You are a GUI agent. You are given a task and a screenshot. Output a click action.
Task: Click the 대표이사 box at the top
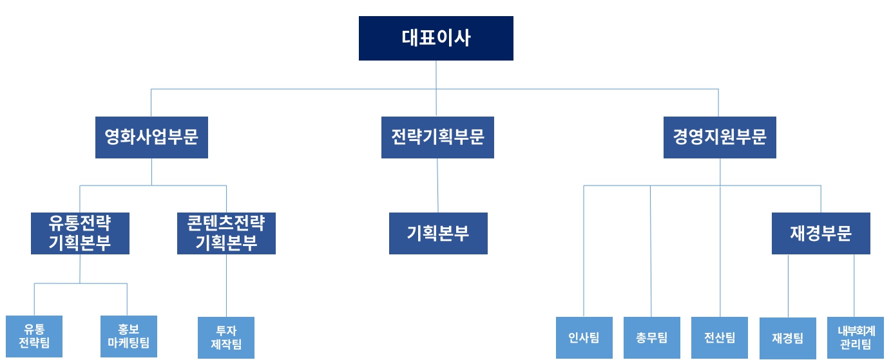436,38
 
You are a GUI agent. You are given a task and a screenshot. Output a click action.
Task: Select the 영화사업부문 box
151,137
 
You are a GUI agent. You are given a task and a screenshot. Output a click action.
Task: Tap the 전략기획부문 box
437,137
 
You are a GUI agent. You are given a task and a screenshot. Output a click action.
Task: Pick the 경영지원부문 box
720,137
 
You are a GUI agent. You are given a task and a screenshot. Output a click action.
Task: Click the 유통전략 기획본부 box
80,233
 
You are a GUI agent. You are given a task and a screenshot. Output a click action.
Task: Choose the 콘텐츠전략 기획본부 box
226,233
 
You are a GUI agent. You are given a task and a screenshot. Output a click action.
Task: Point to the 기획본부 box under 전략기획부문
438,233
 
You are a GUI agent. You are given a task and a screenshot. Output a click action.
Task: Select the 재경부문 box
821,233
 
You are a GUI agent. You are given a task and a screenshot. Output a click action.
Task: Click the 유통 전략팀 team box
34,336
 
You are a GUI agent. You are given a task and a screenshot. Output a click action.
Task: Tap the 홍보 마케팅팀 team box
129,336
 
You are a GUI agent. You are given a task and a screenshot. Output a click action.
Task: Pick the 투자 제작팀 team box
226,337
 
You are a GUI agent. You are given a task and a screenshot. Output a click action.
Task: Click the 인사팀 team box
584,337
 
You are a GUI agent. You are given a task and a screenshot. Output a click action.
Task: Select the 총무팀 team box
651,337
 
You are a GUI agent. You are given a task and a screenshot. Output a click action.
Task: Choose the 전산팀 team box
720,337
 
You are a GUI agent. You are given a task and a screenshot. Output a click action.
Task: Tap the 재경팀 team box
788,337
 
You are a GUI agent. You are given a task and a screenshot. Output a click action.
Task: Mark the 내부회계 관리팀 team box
856,337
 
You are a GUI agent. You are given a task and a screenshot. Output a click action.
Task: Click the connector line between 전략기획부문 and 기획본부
437,185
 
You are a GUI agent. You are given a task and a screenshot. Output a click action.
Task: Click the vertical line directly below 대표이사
436,74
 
